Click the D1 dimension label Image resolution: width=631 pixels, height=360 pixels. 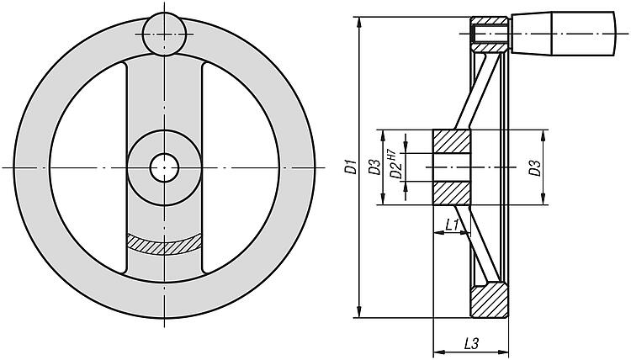coord(352,167)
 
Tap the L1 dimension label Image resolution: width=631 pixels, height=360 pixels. coord(453,225)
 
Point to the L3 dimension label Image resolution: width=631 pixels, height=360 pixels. coord(471,343)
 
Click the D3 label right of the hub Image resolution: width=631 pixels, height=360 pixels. coord(534,167)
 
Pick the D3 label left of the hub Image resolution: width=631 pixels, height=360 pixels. coord(374,167)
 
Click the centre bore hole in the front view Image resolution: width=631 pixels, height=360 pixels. coord(164,167)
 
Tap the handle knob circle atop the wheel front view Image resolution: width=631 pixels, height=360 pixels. coord(165,34)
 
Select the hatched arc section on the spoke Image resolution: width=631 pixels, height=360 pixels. coord(164,244)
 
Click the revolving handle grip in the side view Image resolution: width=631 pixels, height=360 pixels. coord(564,34)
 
